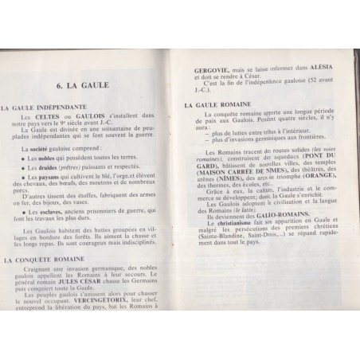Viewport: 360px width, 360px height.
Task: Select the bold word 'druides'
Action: [x=41, y=168]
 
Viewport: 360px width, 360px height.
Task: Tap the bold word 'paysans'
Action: [x=44, y=178]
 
